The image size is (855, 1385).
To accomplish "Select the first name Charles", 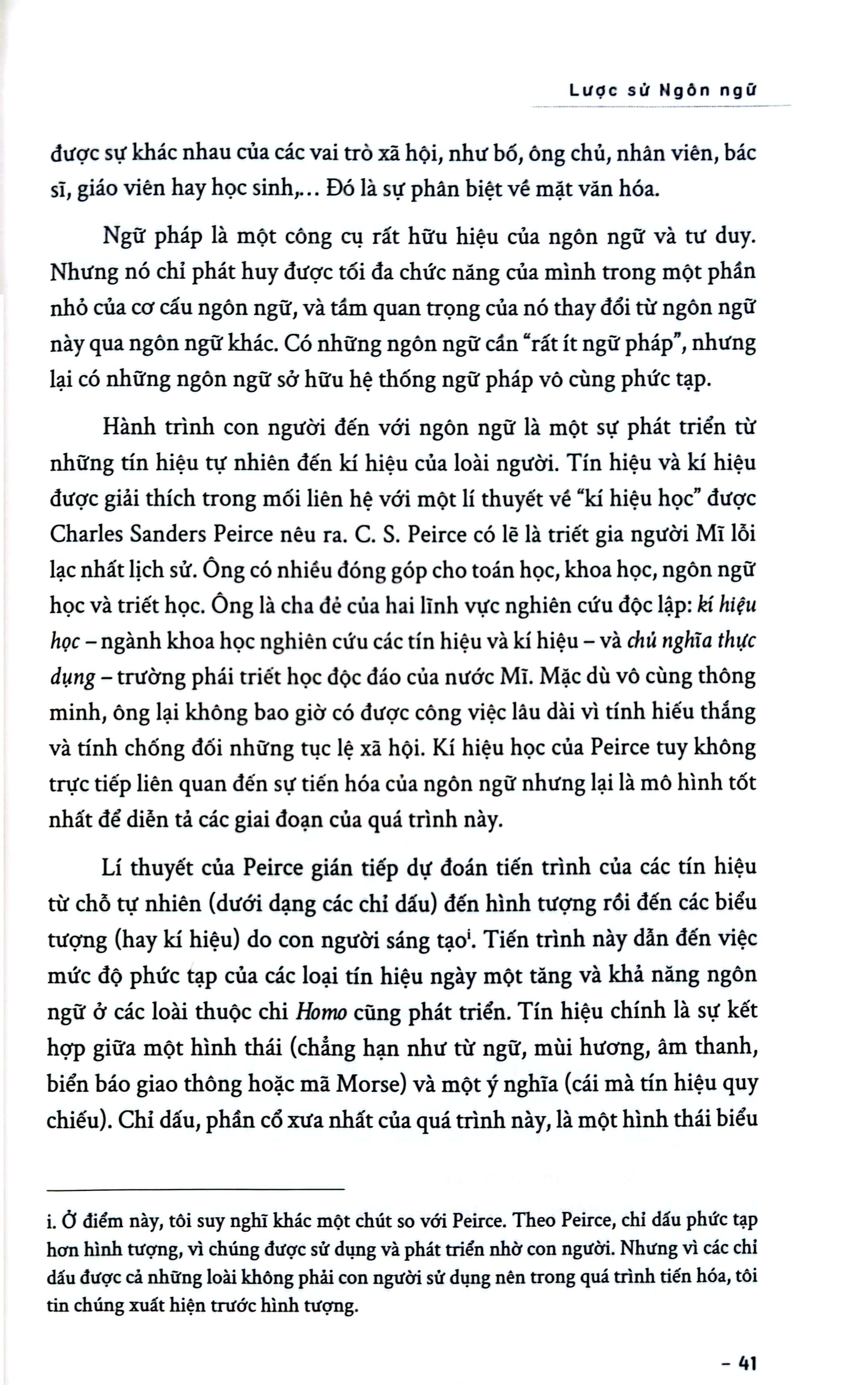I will (86, 534).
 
